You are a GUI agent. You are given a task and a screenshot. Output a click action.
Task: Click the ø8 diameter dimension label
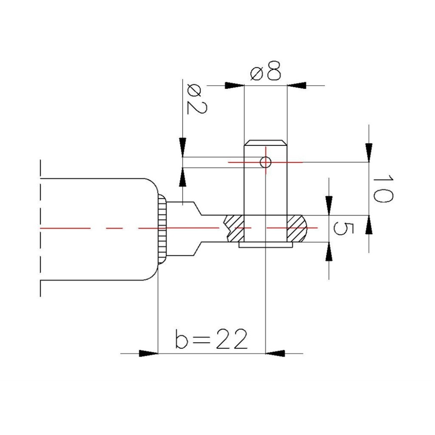pyautogui.click(x=266, y=73)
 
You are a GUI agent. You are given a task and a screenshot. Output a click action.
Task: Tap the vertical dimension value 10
pyautogui.click(x=383, y=188)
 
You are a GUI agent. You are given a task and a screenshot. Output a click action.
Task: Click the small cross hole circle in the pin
pyautogui.click(x=265, y=162)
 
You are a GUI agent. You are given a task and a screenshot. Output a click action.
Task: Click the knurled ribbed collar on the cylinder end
pyautogui.click(x=161, y=228)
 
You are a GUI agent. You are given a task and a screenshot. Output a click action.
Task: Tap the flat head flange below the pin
pyautogui.click(x=265, y=246)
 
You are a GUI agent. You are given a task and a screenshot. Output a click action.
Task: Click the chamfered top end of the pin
pyautogui.click(x=265, y=143)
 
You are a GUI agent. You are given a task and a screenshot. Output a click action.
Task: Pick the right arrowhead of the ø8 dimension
pyautogui.click(x=297, y=85)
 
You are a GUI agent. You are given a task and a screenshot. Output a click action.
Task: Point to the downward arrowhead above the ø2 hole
pyautogui.click(x=183, y=147)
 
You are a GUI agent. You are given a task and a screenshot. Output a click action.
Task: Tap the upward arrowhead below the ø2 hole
pyautogui.click(x=183, y=176)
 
